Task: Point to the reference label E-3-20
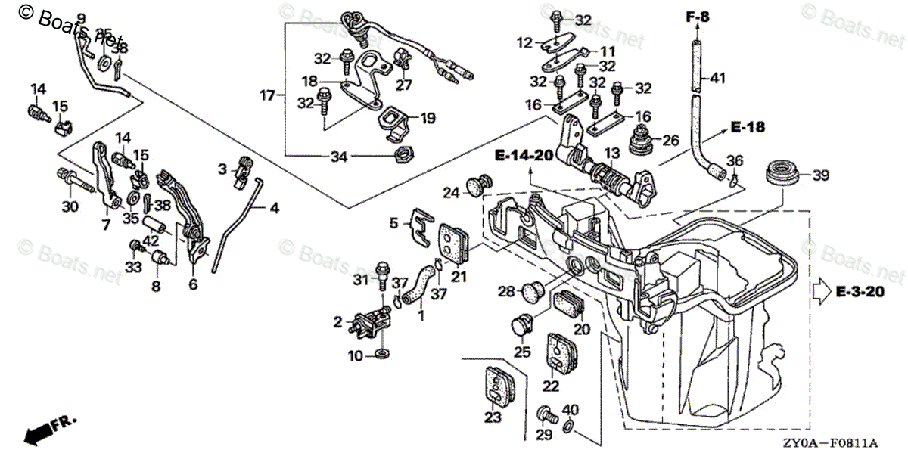pyautogui.click(x=860, y=290)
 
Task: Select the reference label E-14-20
pyautogui.click(x=524, y=157)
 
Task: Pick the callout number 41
pyautogui.click(x=717, y=77)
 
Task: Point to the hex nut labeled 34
pyautogui.click(x=404, y=157)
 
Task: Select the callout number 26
pyautogui.click(x=670, y=140)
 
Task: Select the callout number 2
pyautogui.click(x=337, y=323)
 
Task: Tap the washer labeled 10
pyautogui.click(x=383, y=354)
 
